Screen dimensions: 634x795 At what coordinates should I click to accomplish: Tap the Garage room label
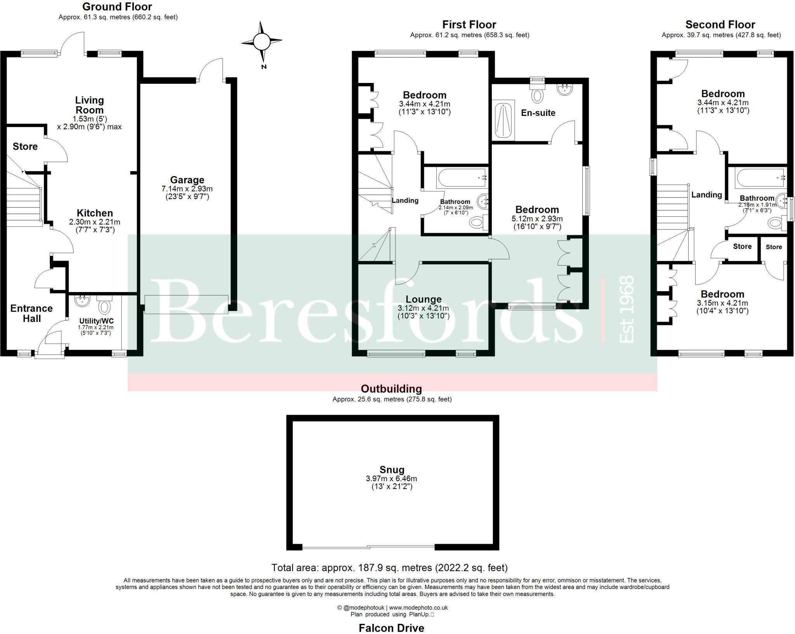pyautogui.click(x=187, y=180)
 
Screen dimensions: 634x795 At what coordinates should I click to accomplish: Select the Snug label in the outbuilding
pyautogui.click(x=392, y=470)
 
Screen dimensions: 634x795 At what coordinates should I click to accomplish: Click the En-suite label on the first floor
pyautogui.click(x=538, y=113)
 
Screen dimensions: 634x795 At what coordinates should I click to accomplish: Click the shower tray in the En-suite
pyautogui.click(x=503, y=120)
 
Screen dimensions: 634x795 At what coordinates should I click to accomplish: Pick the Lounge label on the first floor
pyautogui.click(x=424, y=299)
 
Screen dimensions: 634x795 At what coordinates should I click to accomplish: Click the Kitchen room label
pyautogui.click(x=95, y=213)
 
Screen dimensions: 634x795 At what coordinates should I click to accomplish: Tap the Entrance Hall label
pyautogui.click(x=31, y=313)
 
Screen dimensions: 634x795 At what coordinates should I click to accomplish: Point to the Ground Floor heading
pyautogui.click(x=117, y=7)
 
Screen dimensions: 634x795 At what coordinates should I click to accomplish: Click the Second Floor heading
pyautogui.click(x=720, y=25)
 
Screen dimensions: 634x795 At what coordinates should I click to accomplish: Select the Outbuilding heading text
pyautogui.click(x=391, y=389)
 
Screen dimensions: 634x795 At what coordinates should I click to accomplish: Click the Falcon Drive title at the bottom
pyautogui.click(x=391, y=628)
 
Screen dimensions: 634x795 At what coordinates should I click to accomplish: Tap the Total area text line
pyautogui.click(x=389, y=568)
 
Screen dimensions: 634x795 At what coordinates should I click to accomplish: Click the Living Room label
pyautogui.click(x=89, y=105)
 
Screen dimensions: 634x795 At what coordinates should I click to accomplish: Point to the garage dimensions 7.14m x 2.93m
pyautogui.click(x=187, y=189)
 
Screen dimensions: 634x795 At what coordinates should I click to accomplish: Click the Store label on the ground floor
pyautogui.click(x=25, y=147)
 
